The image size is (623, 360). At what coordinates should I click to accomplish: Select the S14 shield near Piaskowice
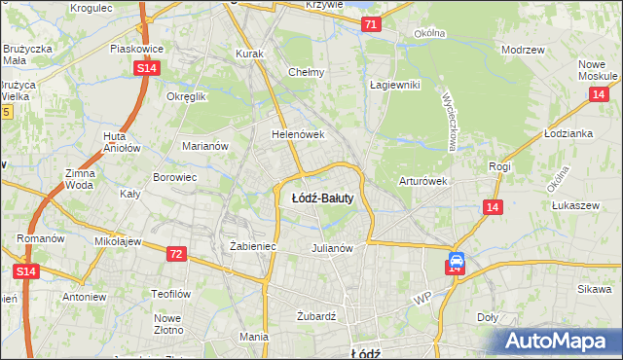[x=147, y=67]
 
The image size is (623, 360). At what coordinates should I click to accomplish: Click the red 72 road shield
[x=176, y=254]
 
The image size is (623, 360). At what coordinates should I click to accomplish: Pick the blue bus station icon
[x=456, y=263]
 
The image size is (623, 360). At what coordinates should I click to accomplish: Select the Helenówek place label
[x=297, y=133]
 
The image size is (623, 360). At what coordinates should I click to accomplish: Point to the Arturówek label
[x=422, y=181]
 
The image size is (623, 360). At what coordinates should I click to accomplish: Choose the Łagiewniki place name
[x=394, y=85]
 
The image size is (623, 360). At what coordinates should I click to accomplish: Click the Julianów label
[x=331, y=247]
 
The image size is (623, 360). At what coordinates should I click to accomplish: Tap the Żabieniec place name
[x=253, y=247]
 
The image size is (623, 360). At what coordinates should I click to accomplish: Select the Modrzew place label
[x=521, y=49]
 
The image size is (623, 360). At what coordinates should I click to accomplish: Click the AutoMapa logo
[x=558, y=341]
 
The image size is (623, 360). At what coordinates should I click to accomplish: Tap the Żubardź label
[x=315, y=316]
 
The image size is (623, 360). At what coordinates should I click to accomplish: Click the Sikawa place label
[x=593, y=289]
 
